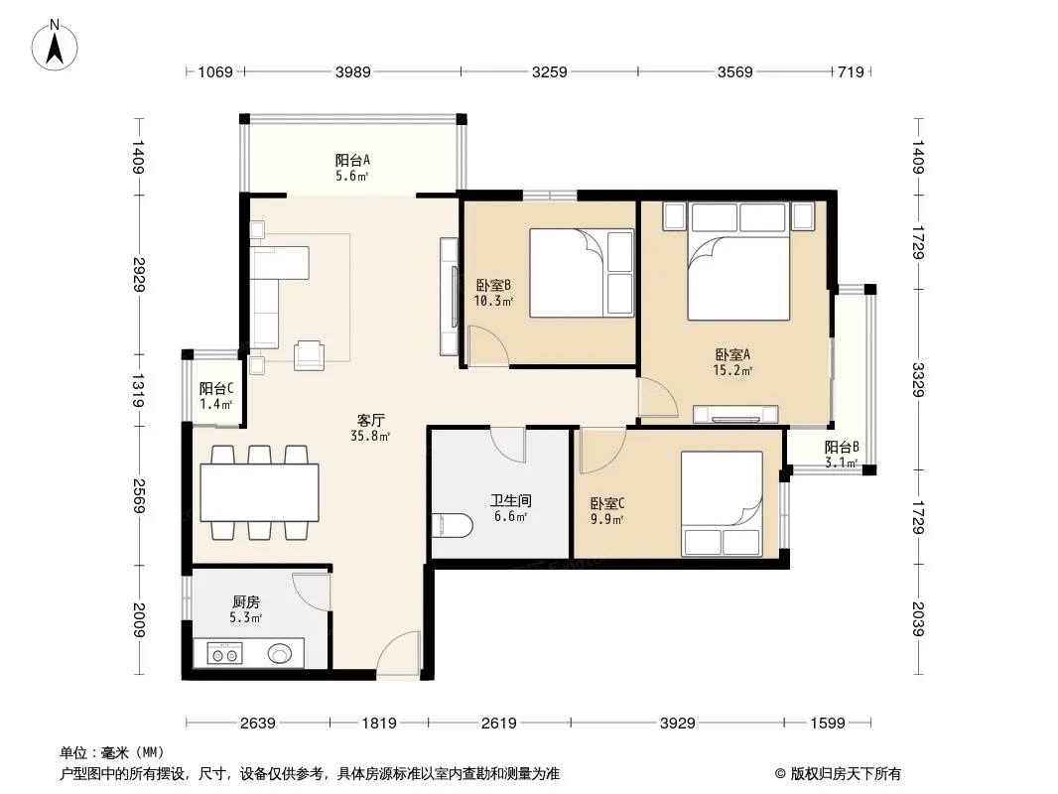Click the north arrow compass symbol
(55, 46)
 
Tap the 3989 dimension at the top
(353, 71)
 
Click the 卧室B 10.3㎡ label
(493, 293)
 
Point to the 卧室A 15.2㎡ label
(732, 362)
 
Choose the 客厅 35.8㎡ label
(370, 428)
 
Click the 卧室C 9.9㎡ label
(607, 511)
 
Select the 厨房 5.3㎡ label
(245, 609)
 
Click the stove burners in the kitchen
(224, 654)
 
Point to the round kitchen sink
(280, 653)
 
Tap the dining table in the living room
(259, 491)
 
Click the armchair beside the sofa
(309, 355)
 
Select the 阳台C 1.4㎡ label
(216, 397)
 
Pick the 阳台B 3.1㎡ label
(842, 455)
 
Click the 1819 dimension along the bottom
(378, 724)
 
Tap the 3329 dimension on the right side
(918, 379)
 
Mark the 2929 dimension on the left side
(140, 274)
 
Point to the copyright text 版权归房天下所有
(845, 774)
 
